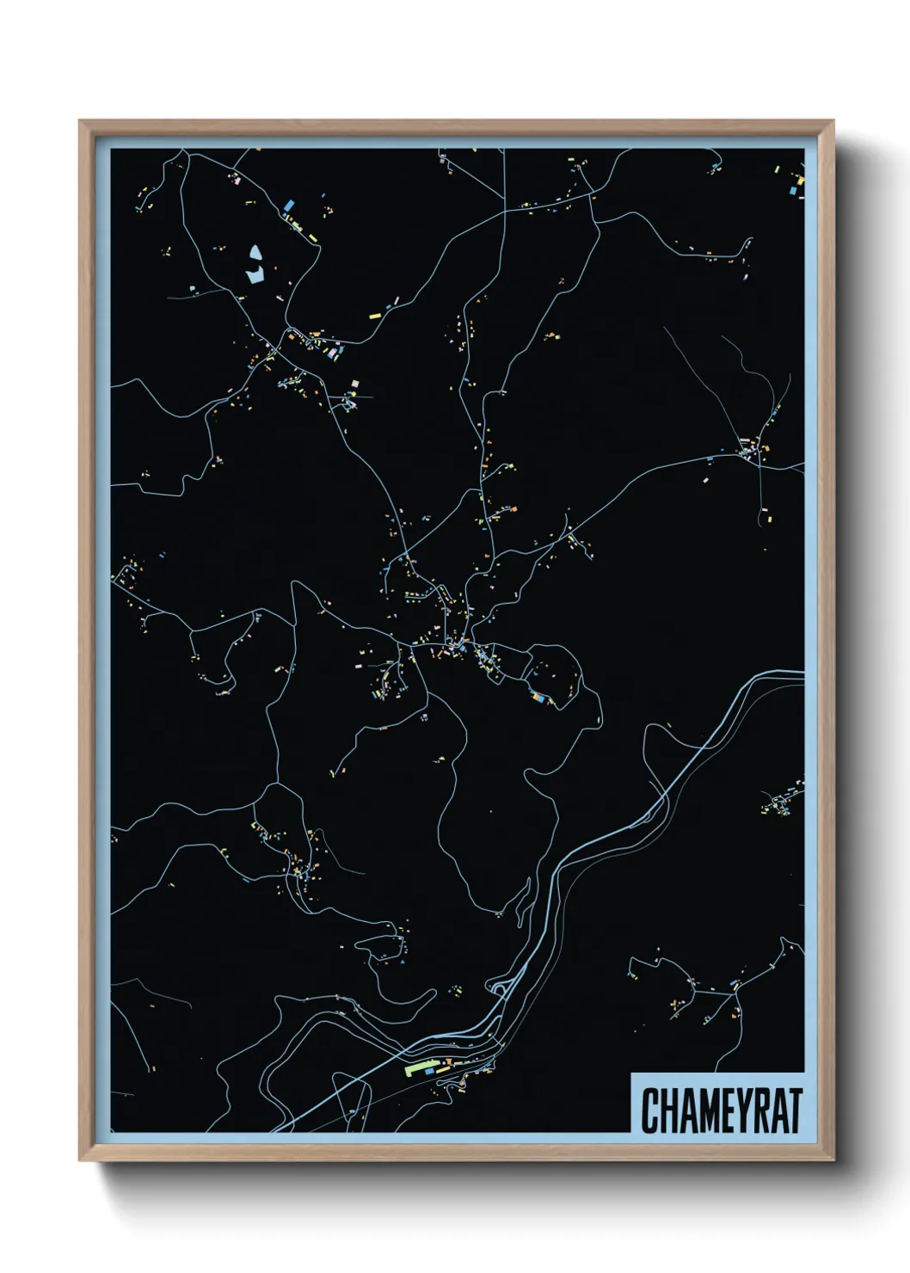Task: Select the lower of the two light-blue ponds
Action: (255, 275)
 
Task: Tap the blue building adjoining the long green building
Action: (430, 1072)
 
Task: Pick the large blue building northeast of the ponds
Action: (287, 206)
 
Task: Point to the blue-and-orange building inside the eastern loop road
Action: (537, 698)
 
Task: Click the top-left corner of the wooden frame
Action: (80, 121)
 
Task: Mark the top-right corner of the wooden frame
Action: (833, 121)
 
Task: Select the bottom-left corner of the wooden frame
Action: (80, 1160)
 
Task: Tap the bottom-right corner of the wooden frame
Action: (833, 1160)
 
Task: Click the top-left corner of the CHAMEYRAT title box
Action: (631, 1073)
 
